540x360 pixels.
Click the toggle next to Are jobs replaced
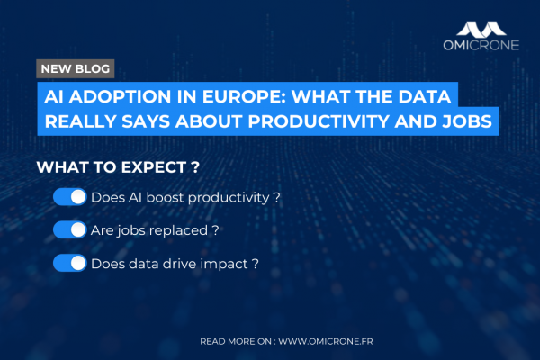pos(69,230)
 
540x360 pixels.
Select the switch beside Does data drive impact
pos(69,264)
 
